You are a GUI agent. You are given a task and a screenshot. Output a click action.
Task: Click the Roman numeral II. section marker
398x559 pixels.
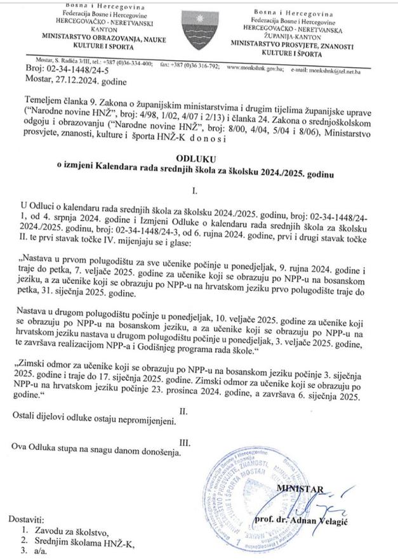pos(184,412)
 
